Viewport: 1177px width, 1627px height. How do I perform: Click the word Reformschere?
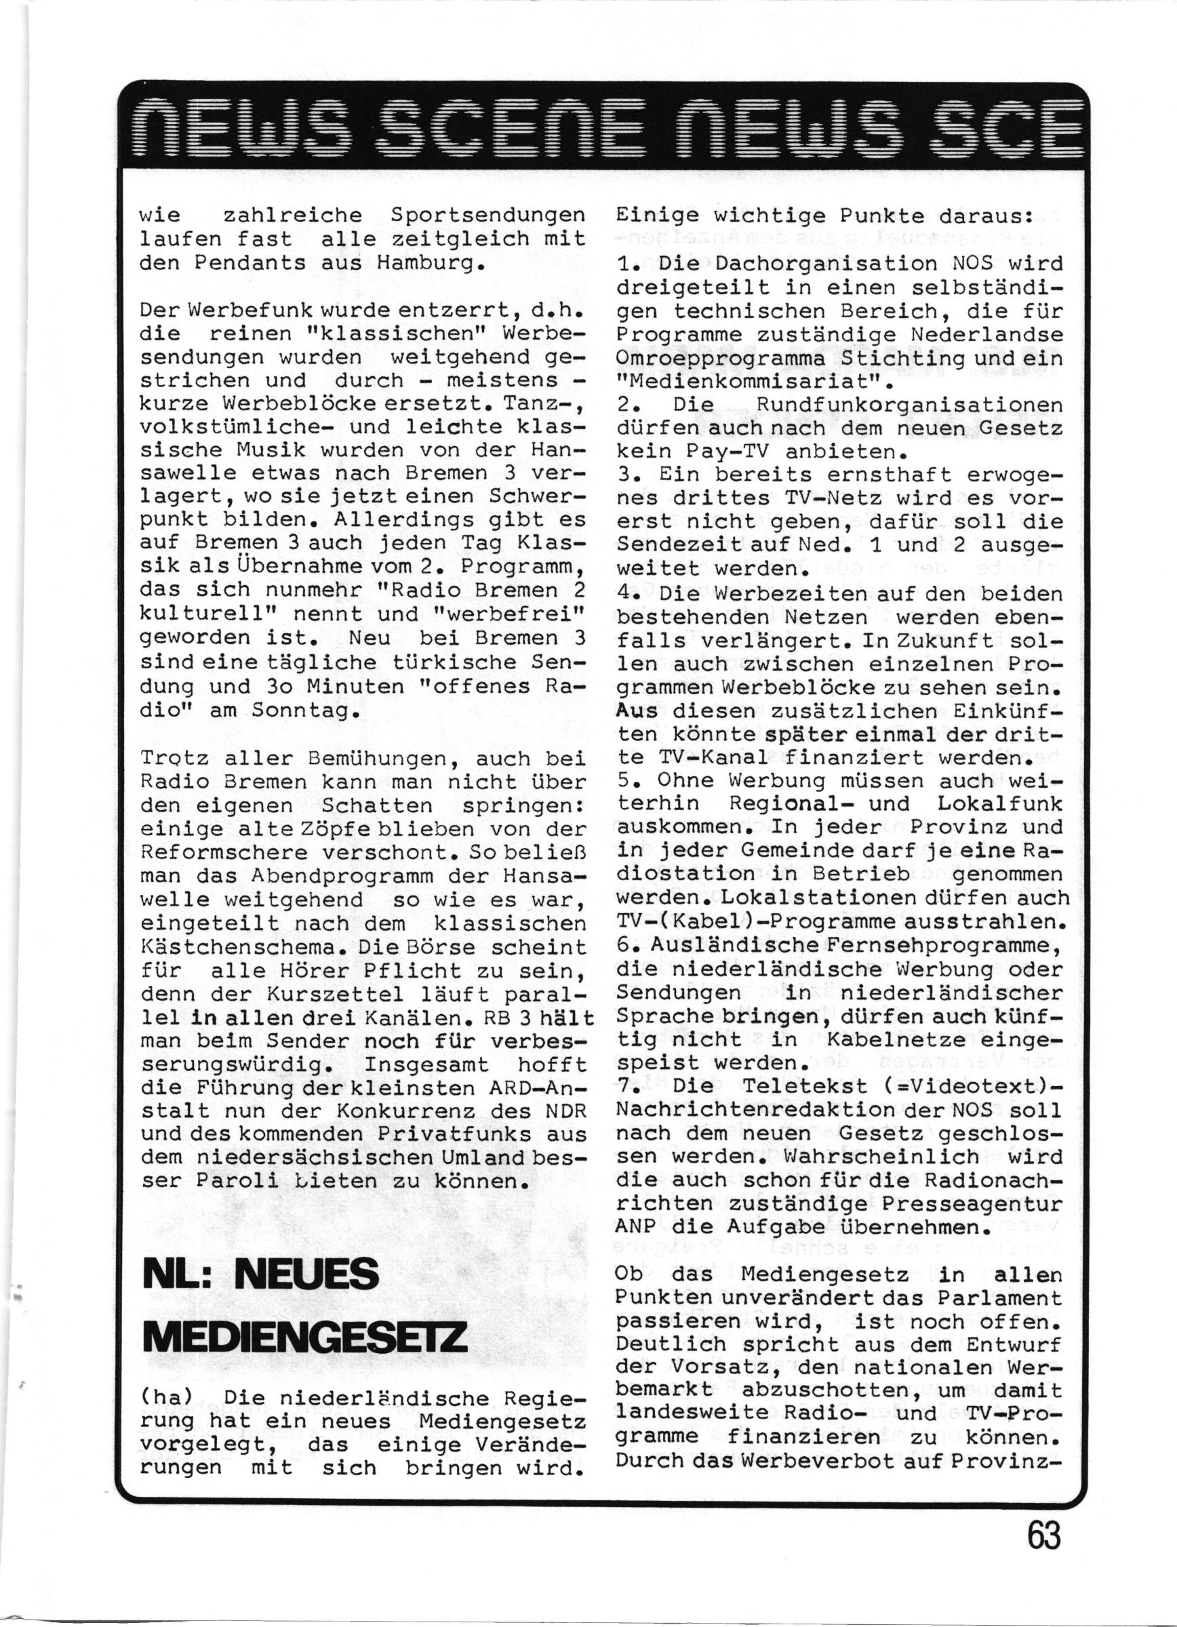tap(223, 853)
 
